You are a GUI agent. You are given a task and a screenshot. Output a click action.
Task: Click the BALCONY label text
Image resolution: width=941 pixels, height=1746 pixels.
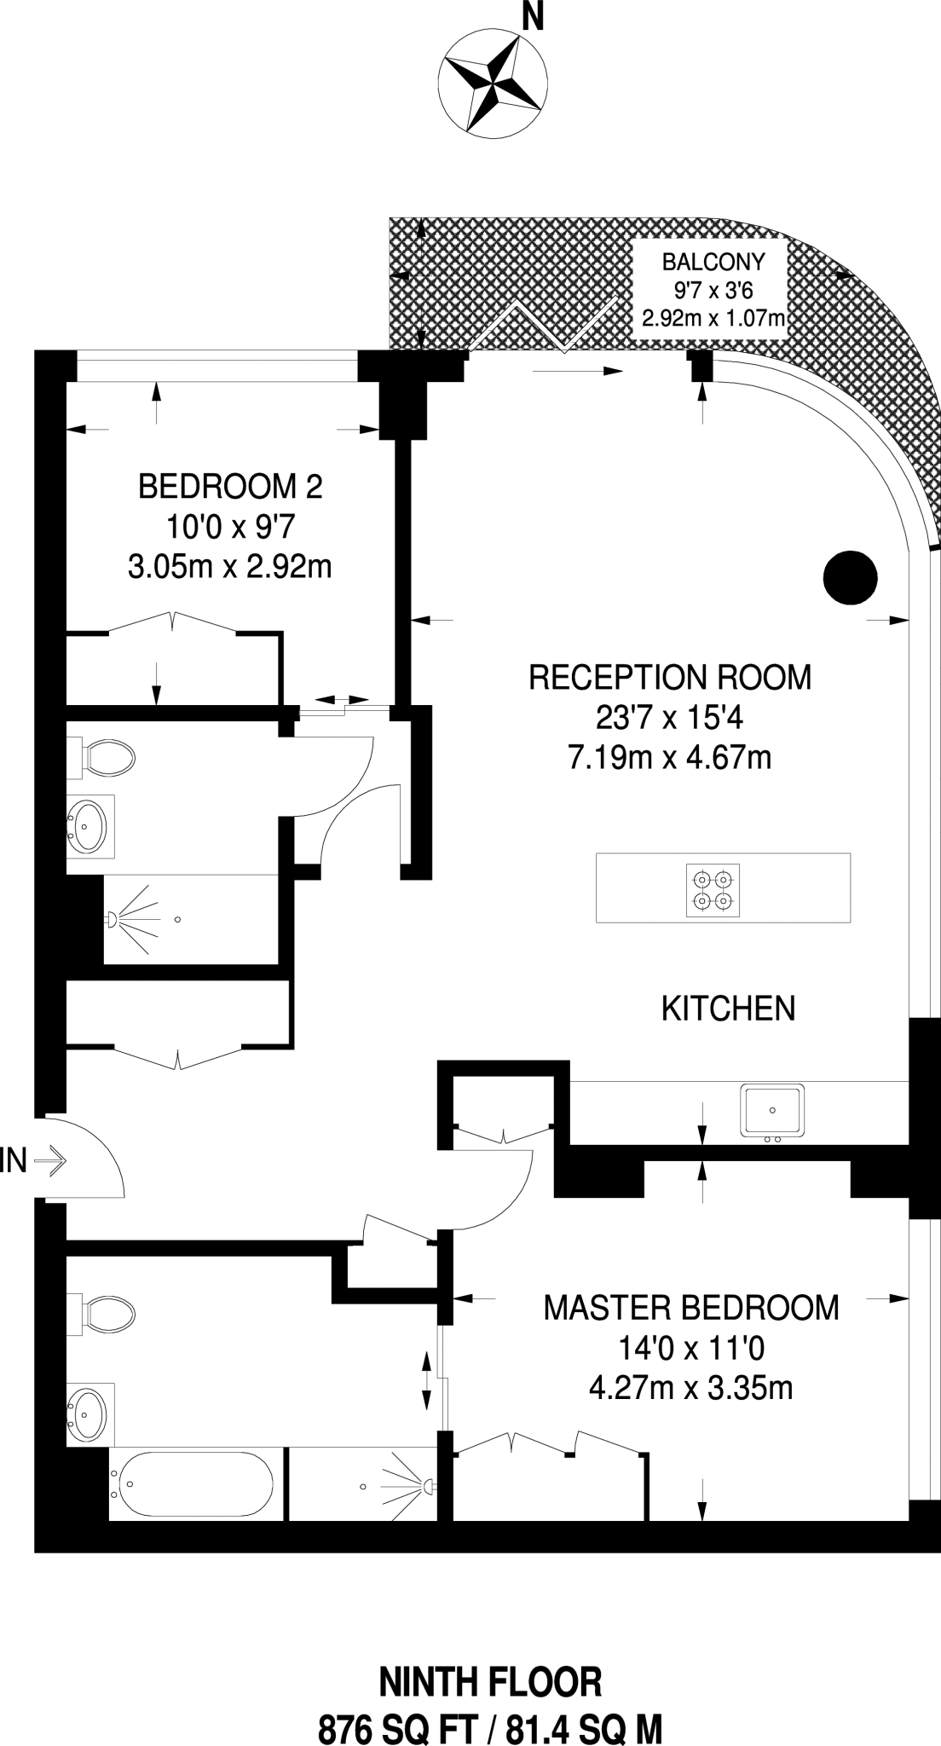(x=713, y=261)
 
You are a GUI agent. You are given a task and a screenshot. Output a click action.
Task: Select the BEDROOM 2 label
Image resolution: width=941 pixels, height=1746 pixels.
(x=230, y=488)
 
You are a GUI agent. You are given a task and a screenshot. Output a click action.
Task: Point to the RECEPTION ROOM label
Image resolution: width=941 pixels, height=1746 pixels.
(x=669, y=678)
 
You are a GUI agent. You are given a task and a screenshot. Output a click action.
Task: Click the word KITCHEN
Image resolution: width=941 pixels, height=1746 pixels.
(x=728, y=1009)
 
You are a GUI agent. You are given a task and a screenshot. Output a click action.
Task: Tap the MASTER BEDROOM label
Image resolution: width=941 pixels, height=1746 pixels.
(x=690, y=1307)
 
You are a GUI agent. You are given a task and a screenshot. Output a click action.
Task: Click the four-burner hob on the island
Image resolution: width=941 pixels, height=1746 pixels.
(x=713, y=890)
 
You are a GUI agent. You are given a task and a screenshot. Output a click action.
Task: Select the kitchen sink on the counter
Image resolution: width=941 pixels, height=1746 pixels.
(x=771, y=1110)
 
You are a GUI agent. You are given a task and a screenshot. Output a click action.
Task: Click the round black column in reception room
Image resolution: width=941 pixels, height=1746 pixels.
(x=850, y=578)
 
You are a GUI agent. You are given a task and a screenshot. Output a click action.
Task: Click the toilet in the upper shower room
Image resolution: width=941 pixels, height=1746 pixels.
(x=106, y=757)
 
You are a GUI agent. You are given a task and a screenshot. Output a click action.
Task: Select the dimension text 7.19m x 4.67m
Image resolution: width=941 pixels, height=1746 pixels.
(x=669, y=757)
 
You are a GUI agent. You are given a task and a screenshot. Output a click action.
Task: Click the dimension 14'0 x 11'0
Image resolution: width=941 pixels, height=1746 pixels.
(x=690, y=1348)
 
